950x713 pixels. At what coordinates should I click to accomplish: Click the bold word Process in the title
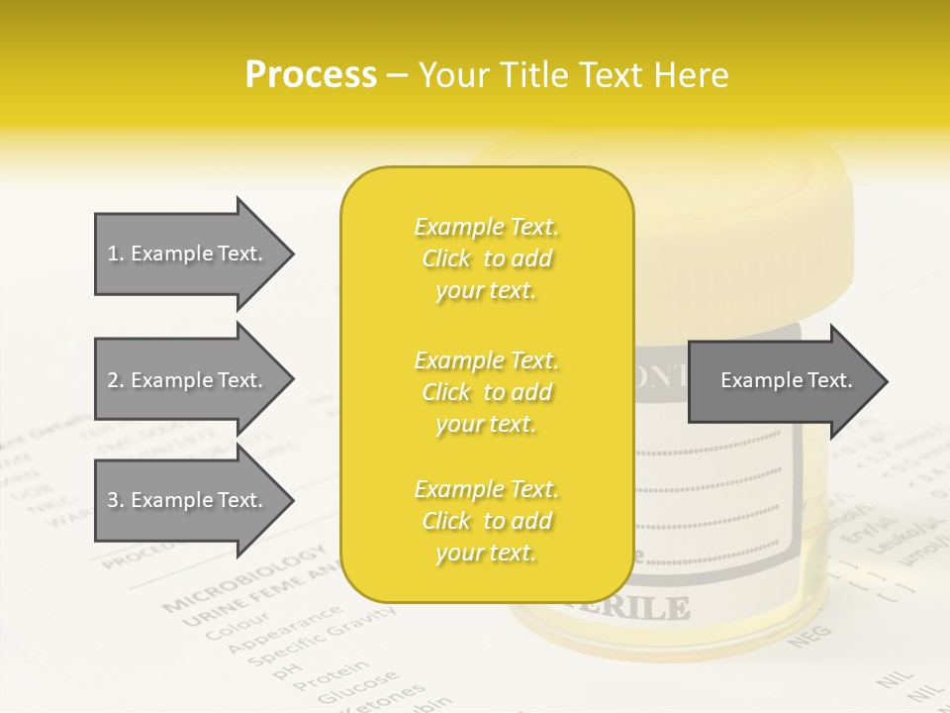click(x=311, y=75)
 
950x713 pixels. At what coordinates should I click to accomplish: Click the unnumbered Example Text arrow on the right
click(x=786, y=380)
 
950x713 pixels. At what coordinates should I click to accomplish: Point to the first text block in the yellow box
click(x=486, y=258)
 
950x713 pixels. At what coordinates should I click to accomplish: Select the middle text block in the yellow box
click(x=486, y=392)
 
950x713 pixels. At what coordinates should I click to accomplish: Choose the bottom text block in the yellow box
click(x=486, y=521)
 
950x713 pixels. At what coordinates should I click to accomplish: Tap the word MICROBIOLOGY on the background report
click(x=244, y=577)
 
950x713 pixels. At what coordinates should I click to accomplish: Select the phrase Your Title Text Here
click(x=573, y=75)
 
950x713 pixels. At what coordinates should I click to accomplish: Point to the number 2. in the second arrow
click(x=116, y=380)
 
